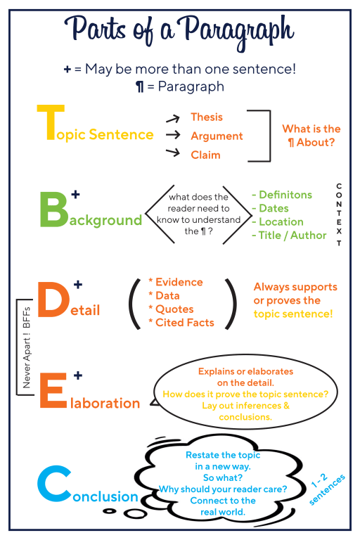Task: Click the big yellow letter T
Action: tap(51, 122)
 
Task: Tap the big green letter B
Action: tap(54, 210)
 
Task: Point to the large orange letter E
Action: tap(53, 390)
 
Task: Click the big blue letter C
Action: tap(54, 484)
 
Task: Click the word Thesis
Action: tap(207, 117)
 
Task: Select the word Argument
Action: tap(217, 136)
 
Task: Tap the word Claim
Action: tap(205, 155)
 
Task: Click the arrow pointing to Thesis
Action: tap(173, 119)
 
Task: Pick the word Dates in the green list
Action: tap(274, 208)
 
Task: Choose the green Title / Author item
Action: tap(292, 236)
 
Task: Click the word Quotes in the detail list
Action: tap(174, 309)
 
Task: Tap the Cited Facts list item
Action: tap(185, 323)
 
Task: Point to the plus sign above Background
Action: tap(75, 194)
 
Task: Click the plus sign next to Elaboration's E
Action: tap(78, 375)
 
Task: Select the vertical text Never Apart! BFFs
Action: tap(27, 347)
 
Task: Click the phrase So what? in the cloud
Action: tap(223, 478)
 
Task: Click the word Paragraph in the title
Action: tap(238, 32)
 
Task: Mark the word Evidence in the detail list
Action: tap(179, 282)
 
